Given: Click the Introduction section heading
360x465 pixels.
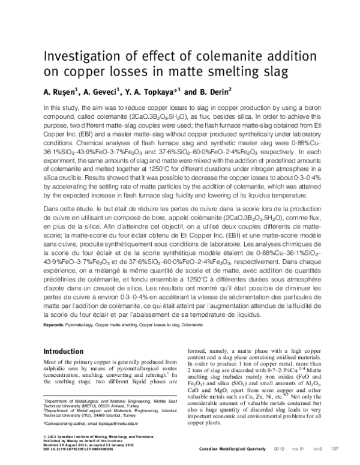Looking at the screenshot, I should (67, 351).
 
